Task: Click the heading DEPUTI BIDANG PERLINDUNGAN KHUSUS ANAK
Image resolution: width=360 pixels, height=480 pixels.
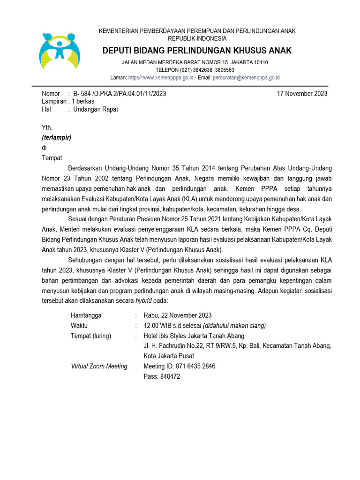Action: pos(197,50)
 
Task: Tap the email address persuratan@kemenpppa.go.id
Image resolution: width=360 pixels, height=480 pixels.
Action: pos(246,77)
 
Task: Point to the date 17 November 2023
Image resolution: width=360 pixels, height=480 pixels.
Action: pos(302,93)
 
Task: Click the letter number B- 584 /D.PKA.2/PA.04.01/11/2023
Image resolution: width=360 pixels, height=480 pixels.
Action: pos(120,93)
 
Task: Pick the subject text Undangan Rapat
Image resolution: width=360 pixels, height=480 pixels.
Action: pos(96,109)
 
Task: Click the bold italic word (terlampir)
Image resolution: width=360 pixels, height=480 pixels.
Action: pos(57,137)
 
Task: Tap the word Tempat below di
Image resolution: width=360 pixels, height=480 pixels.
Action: pos(52,158)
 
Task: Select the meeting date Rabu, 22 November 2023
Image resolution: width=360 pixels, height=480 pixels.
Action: pos(178,315)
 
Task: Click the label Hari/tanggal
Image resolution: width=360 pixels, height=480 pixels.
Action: pos(87,315)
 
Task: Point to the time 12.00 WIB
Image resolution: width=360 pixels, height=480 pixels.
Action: pos(158,325)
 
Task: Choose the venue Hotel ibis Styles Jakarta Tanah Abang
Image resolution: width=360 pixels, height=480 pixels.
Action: pos(194,336)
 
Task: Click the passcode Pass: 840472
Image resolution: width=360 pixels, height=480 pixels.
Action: pos(162,376)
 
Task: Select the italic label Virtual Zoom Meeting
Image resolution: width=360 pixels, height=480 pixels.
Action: pos(99,366)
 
